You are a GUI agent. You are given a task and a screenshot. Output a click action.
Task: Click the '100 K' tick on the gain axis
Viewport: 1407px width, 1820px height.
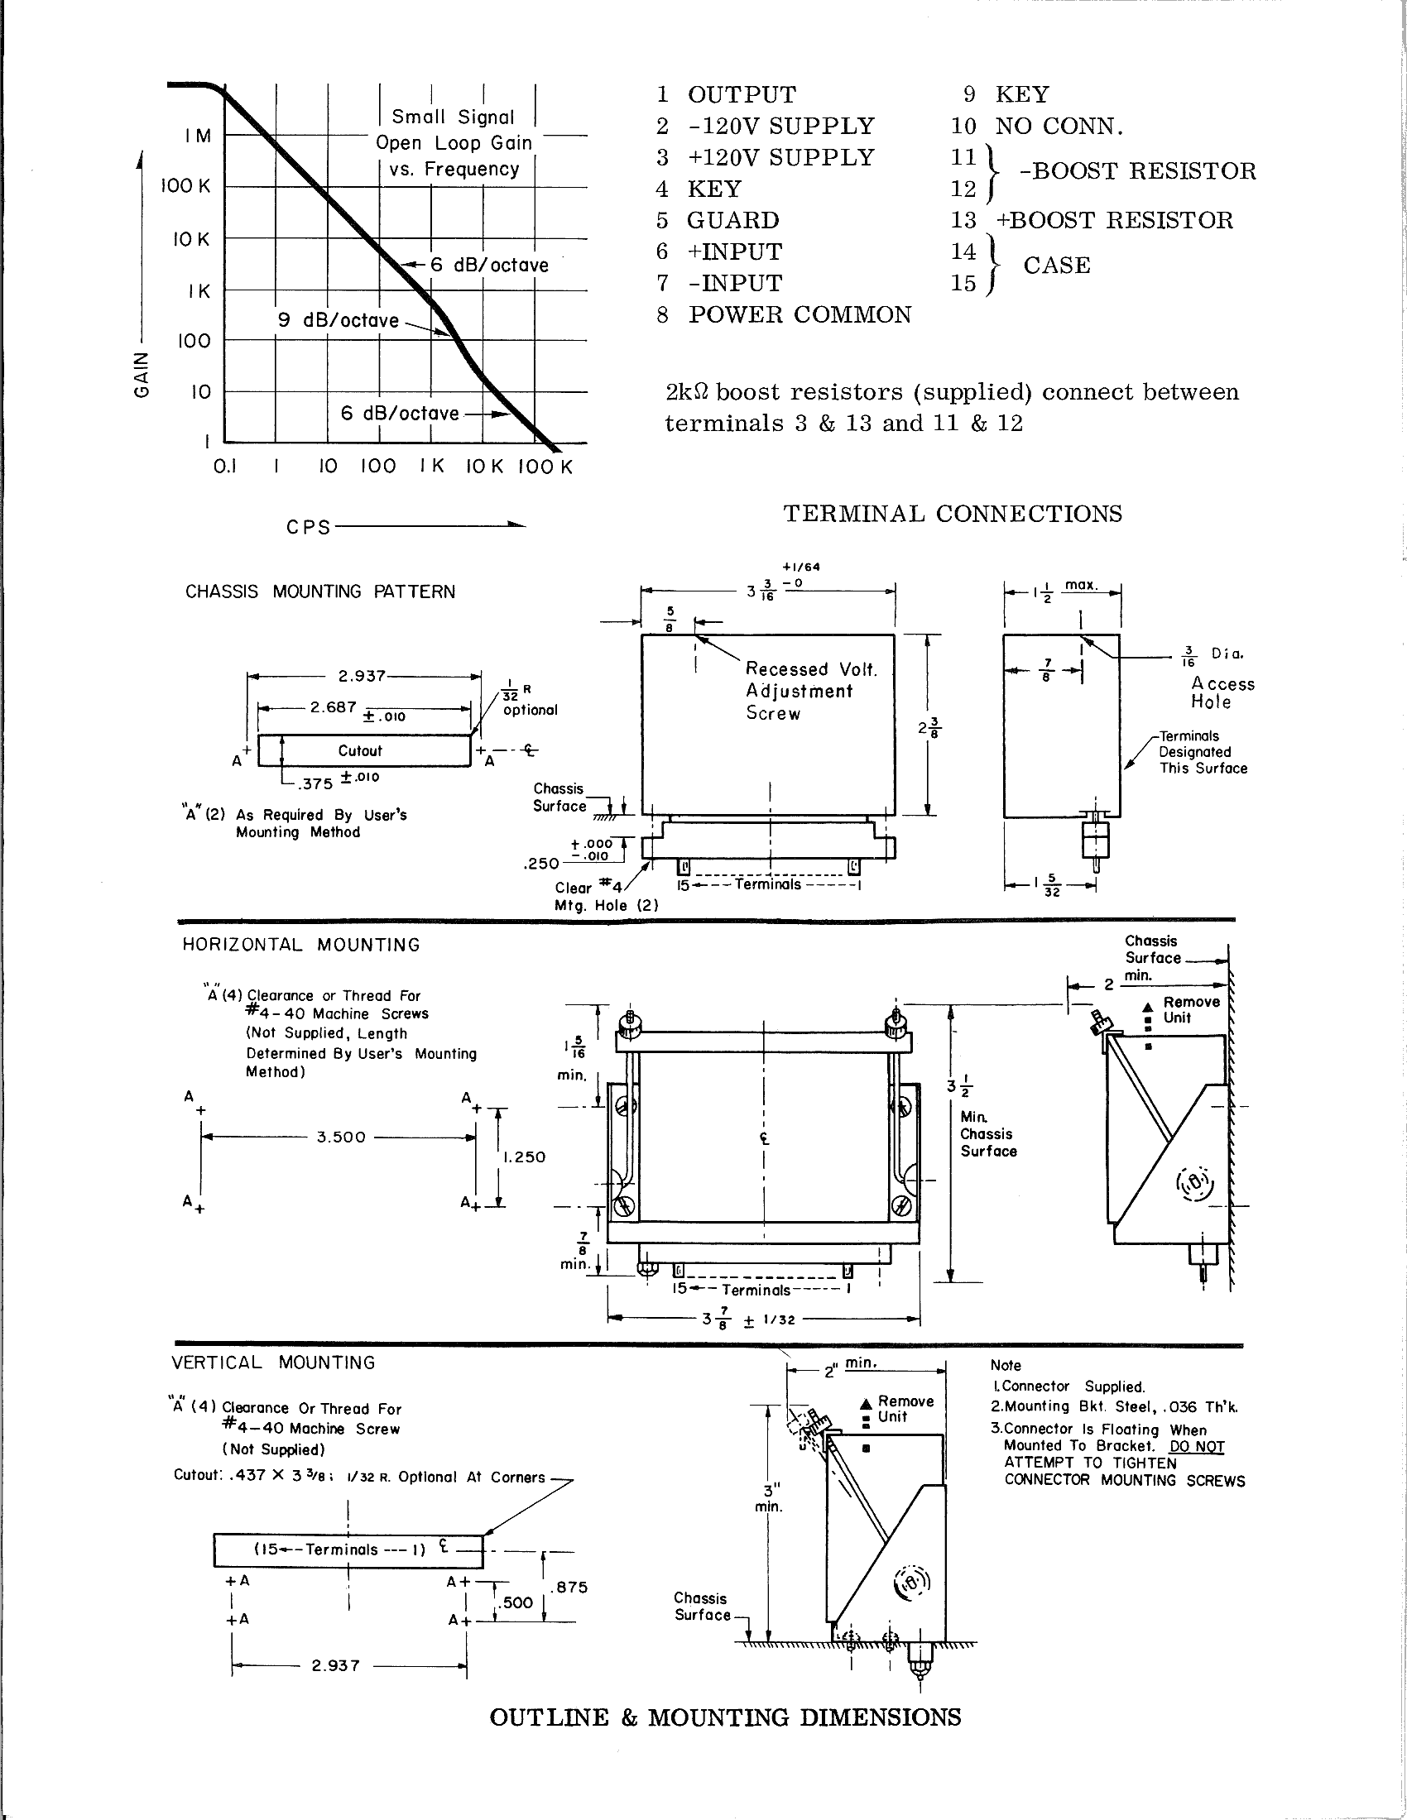[186, 186]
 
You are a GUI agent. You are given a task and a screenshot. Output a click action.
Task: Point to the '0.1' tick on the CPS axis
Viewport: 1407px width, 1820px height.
[225, 467]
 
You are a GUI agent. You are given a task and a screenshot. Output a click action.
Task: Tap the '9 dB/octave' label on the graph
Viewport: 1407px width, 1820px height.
[338, 321]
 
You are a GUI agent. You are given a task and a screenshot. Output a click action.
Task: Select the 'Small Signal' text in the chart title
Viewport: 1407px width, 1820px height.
[453, 117]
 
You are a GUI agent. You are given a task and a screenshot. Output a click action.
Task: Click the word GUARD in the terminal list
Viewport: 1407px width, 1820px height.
[732, 221]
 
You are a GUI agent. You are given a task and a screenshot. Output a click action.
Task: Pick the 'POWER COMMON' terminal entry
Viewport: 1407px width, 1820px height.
[800, 315]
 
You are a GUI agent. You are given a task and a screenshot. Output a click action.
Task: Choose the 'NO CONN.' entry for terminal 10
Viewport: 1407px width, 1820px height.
[1059, 127]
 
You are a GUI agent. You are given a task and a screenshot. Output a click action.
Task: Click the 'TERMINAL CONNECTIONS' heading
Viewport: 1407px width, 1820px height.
[952, 515]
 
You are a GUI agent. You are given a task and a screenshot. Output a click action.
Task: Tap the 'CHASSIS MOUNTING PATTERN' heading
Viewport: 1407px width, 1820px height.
[320, 591]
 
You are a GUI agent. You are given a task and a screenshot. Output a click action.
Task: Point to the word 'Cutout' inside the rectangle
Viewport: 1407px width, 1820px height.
[360, 751]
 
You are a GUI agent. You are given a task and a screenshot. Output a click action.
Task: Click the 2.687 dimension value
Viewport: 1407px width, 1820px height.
[334, 707]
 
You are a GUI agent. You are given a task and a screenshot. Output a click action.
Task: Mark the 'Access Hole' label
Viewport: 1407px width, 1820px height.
[1222, 692]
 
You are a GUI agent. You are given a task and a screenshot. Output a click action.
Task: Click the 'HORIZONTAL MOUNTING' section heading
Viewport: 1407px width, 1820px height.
[301, 945]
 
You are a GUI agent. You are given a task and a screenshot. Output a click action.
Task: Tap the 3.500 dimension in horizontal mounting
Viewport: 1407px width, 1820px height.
[341, 1137]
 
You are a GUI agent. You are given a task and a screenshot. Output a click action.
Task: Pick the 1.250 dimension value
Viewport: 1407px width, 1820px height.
[524, 1157]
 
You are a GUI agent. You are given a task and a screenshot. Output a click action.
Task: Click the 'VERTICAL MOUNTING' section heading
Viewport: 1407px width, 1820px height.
[272, 1363]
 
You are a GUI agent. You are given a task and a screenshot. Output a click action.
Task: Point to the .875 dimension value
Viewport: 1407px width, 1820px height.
[572, 1588]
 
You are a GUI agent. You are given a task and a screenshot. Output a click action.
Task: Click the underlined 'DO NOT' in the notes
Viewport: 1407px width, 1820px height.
[1197, 1447]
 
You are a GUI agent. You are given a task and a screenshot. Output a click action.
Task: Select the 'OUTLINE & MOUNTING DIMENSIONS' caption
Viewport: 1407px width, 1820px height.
[725, 1717]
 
